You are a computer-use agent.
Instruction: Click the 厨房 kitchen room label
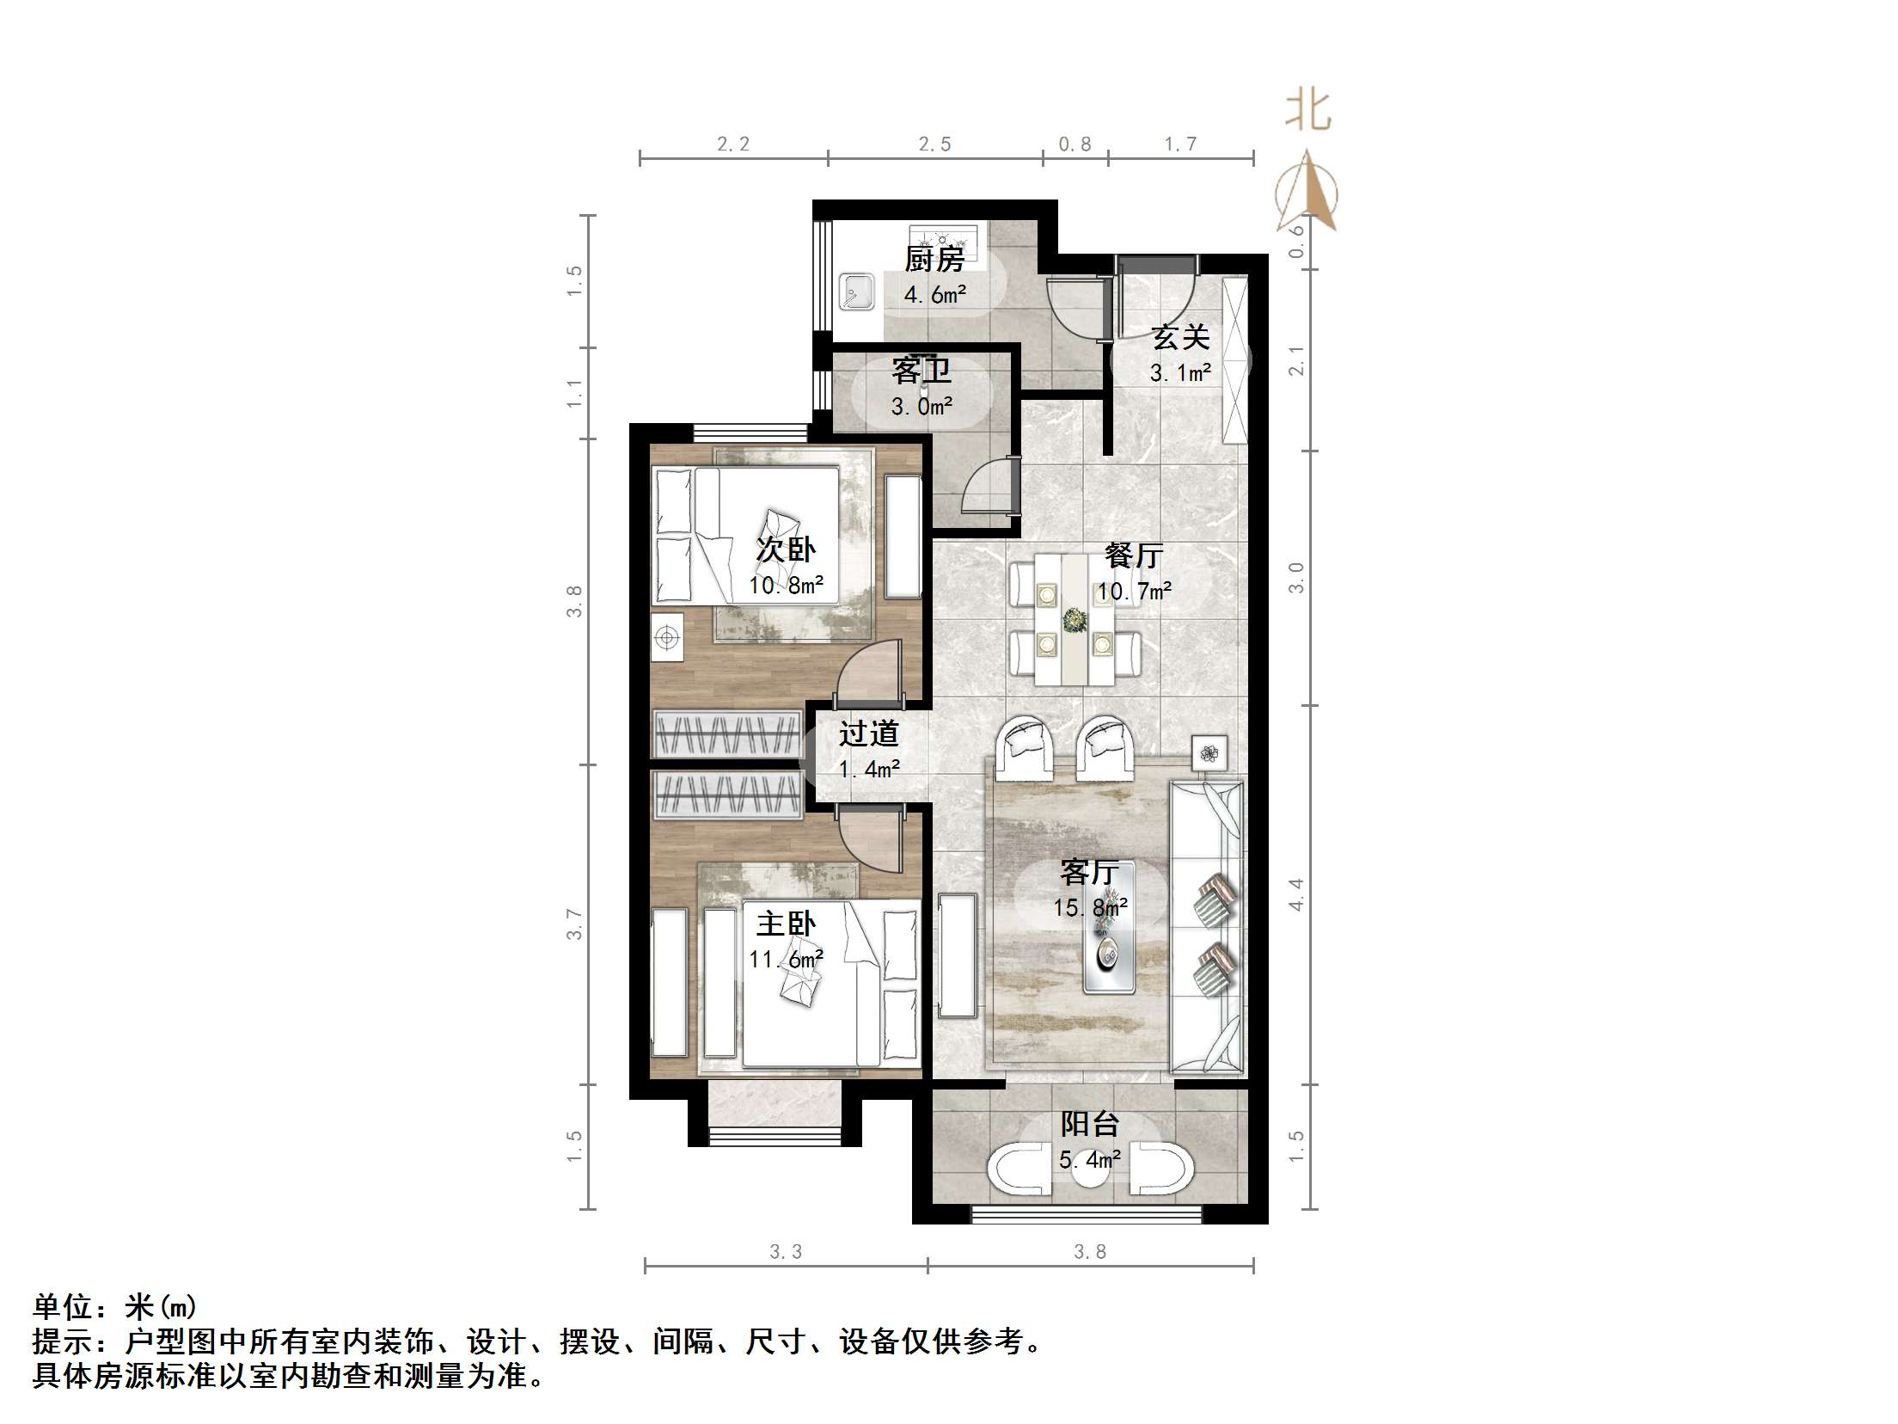(934, 258)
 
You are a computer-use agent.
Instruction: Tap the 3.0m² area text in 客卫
(921, 407)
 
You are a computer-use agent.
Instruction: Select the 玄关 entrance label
(1180, 337)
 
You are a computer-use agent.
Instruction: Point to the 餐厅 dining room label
(1134, 555)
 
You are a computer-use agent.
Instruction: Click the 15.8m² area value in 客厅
(1090, 908)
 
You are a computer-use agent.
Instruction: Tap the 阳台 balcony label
(1089, 1124)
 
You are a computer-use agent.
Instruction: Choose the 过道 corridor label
(869, 733)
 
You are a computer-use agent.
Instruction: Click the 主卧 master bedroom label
(786, 924)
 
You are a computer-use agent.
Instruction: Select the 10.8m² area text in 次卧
(786, 586)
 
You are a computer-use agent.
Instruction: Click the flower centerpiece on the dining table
(1074, 619)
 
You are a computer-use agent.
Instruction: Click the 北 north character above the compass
(1307, 111)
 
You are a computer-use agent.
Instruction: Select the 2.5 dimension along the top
(934, 144)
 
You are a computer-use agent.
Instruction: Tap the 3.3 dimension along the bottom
(786, 1252)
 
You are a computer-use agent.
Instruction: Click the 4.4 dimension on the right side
(1296, 894)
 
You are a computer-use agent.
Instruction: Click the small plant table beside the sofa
(1209, 753)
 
